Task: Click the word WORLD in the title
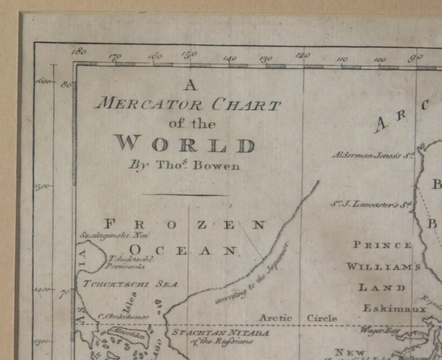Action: click(x=185, y=145)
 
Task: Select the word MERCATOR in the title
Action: click(x=148, y=104)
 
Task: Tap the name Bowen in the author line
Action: click(x=216, y=166)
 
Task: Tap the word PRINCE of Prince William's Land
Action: click(x=382, y=245)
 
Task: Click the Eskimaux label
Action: click(x=394, y=308)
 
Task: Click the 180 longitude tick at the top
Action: click(x=80, y=52)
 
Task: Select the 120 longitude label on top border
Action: click(x=302, y=55)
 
